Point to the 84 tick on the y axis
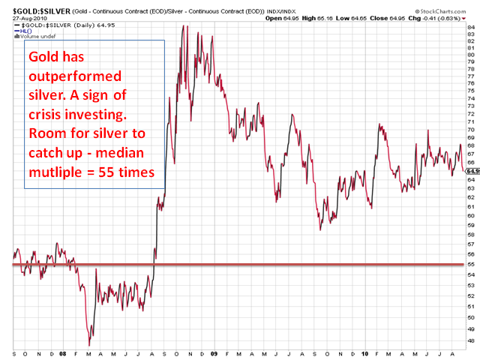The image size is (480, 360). (x=471, y=28)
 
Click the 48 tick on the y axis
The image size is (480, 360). (x=471, y=340)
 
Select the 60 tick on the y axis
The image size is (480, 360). (x=471, y=215)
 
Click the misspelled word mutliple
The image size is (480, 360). (x=54, y=172)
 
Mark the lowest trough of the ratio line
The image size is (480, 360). (x=89, y=344)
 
